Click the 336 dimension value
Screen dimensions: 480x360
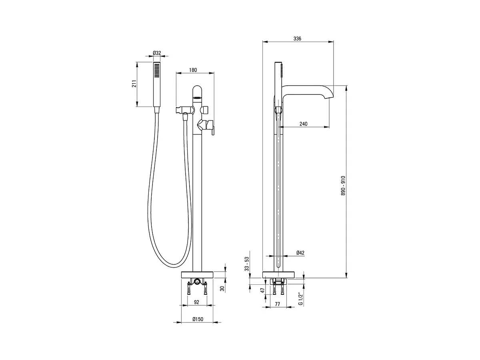[297, 39]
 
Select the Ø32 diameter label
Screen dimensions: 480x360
[157, 53]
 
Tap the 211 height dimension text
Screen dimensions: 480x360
[134, 84]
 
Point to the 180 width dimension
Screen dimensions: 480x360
[193, 70]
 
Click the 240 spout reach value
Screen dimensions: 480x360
[303, 124]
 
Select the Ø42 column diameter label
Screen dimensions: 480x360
[300, 253]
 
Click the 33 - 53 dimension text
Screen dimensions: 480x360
[247, 264]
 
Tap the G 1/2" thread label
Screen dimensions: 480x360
[301, 300]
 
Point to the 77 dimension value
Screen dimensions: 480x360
[277, 304]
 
